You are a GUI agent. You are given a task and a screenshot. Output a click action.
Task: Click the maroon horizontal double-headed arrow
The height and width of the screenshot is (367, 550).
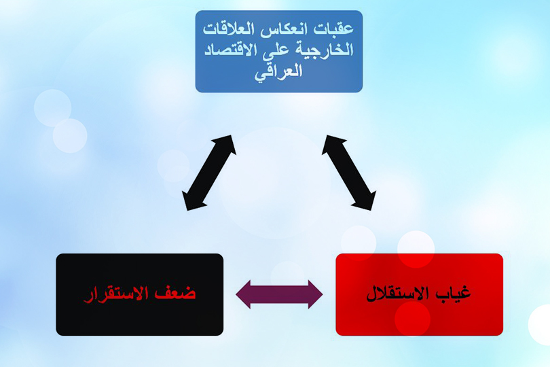coord(279,294)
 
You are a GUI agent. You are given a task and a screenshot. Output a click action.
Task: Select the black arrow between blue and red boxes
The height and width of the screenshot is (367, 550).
coord(348,173)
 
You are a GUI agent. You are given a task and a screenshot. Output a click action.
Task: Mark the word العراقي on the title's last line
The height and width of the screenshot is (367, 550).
coord(279,71)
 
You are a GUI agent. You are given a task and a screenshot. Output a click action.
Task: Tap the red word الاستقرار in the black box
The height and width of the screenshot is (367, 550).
coord(122,294)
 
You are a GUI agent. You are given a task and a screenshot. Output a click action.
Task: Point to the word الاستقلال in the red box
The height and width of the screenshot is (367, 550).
coord(398,294)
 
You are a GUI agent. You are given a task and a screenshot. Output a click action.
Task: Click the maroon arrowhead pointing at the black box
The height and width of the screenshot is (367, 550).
coord(245,294)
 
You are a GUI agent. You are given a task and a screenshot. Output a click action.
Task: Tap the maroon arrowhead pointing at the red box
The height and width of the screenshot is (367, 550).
coord(314,294)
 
